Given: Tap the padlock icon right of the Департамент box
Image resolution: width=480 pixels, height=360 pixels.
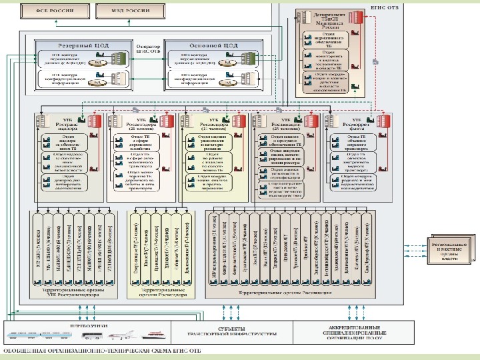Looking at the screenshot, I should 376,62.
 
